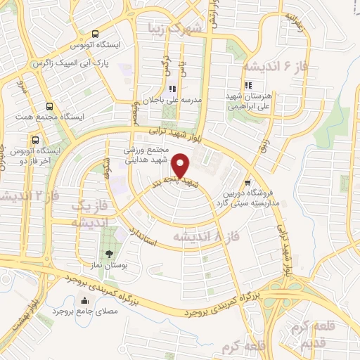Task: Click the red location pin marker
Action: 181,166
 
